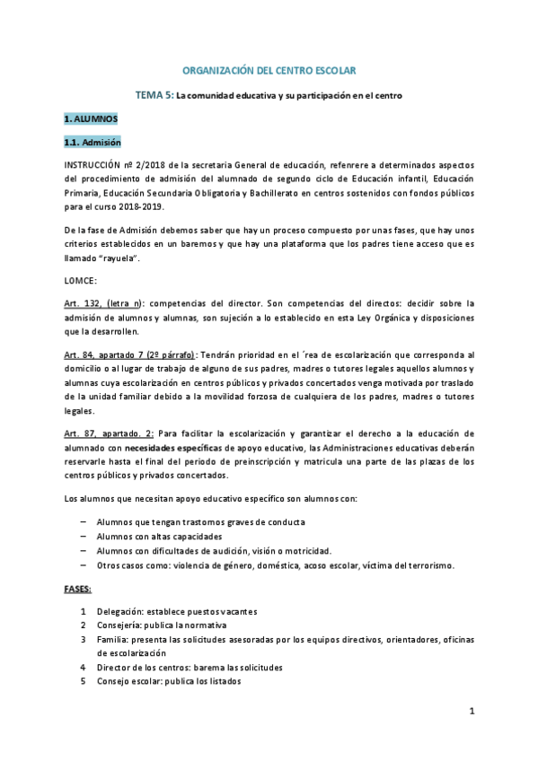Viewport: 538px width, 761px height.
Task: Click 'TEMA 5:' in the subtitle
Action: [154, 94]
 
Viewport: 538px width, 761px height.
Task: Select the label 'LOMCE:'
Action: [81, 281]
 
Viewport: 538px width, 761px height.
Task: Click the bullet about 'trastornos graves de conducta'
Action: [200, 522]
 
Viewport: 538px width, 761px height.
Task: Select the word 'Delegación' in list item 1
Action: [119, 611]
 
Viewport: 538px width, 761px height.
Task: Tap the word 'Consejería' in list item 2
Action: [118, 625]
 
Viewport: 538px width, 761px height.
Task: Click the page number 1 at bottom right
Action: [471, 712]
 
